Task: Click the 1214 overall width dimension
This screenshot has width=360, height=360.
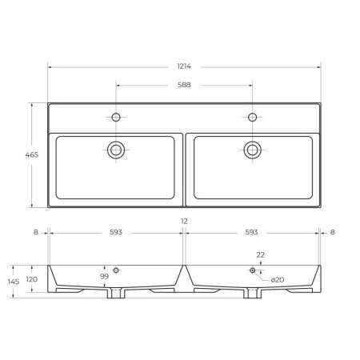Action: (184, 66)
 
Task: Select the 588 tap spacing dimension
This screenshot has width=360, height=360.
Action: (184, 85)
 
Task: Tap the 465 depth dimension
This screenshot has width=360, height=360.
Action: (32, 154)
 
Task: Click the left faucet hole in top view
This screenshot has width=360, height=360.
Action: (116, 117)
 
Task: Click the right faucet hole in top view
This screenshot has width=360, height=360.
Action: (252, 117)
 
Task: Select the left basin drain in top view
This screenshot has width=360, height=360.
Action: (116, 150)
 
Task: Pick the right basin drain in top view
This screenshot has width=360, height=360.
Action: (252, 150)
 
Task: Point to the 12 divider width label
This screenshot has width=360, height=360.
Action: (184, 221)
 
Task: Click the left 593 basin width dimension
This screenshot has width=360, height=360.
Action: (116, 232)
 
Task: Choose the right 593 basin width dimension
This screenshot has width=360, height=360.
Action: (251, 232)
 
